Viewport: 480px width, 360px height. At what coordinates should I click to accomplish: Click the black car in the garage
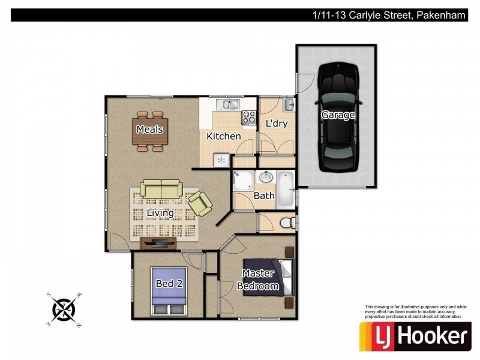tap(337, 116)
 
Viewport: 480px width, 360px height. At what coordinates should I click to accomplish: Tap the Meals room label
tap(149, 129)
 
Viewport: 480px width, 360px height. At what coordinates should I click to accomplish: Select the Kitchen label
tap(224, 136)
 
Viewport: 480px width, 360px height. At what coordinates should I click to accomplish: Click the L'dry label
tap(277, 124)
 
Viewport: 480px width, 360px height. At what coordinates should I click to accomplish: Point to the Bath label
tap(264, 196)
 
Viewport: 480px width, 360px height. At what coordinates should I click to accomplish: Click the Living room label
tap(160, 212)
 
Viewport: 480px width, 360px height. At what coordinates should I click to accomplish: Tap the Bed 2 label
tap(169, 283)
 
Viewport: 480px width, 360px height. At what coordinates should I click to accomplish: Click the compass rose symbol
tap(63, 309)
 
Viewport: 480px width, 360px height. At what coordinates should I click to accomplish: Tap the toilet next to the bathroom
tap(287, 223)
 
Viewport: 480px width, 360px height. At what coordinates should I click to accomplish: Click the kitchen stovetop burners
tap(249, 118)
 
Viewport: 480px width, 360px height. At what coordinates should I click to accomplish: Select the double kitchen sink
tap(228, 105)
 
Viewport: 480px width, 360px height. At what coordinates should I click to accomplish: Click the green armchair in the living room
tap(200, 203)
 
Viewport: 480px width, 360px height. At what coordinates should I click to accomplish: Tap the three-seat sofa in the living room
tap(161, 188)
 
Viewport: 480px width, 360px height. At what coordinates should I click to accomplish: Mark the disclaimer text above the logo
tap(415, 311)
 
